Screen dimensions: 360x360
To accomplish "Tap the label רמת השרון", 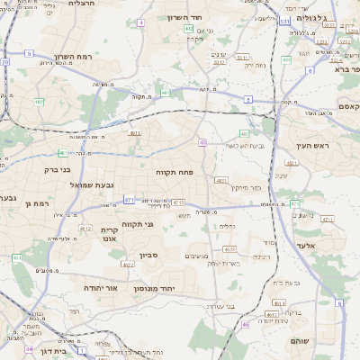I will (x=74, y=56).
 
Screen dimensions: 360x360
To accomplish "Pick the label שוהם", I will (x=300, y=342).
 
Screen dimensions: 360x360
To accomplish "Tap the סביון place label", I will (x=150, y=255).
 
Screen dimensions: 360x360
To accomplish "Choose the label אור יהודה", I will (x=100, y=287).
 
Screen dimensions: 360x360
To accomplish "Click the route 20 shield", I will (x=4, y=62).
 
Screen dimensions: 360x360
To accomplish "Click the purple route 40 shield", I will (x=203, y=142).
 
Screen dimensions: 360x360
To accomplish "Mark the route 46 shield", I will (x=220, y=347).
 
